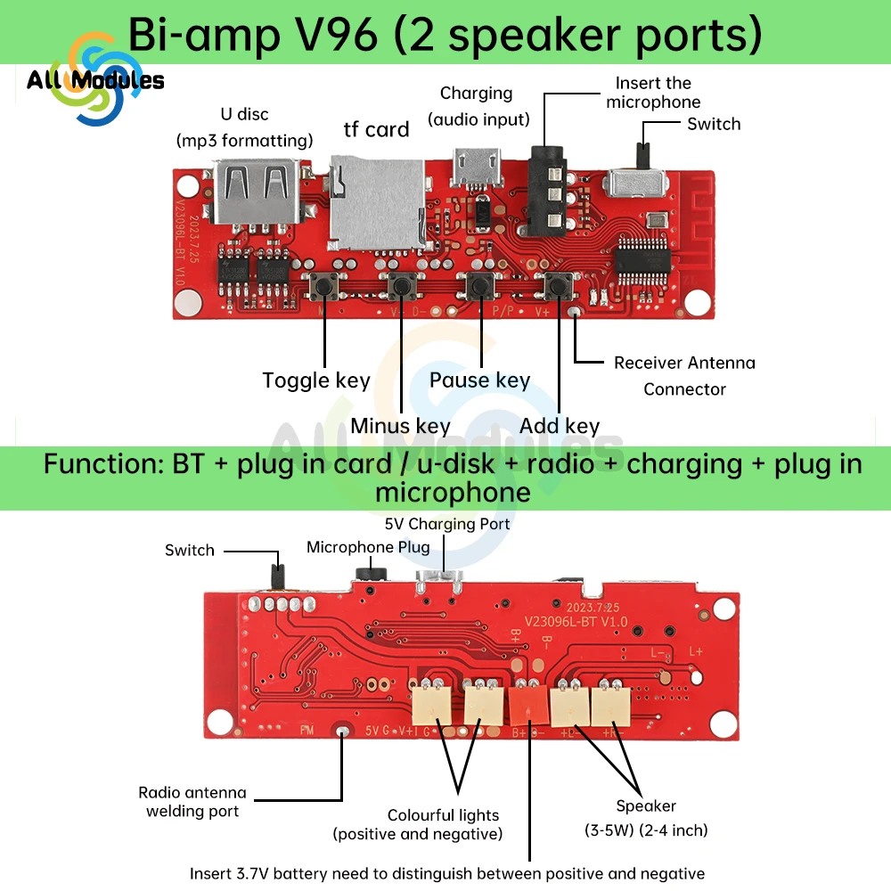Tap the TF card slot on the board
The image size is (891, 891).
374,201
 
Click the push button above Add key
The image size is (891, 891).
559,287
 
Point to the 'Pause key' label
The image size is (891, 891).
479,380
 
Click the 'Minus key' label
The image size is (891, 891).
400,426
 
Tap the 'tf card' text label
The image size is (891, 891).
376,130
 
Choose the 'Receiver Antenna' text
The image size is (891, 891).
684,363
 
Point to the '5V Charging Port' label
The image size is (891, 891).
447,524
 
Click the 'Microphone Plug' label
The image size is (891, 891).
368,547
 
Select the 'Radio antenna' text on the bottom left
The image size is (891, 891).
192,792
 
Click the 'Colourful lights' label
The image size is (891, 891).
443,815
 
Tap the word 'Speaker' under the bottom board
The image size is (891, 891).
646,806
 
